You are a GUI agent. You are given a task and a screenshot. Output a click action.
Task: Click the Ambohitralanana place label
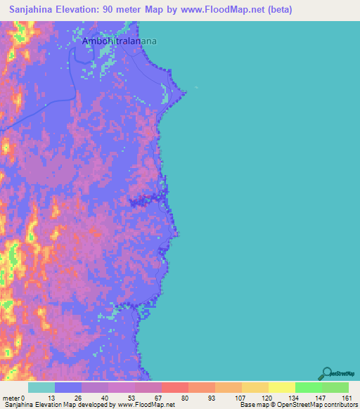click(x=119, y=41)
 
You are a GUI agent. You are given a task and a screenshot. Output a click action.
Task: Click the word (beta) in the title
click(x=276, y=10)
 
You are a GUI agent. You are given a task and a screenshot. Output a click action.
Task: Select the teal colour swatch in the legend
click(x=41, y=387)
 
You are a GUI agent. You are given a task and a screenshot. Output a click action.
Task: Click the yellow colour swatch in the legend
click(x=281, y=387)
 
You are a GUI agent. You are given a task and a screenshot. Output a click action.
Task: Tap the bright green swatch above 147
click(x=308, y=387)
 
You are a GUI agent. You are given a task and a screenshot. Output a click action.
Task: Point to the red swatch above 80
click(x=174, y=387)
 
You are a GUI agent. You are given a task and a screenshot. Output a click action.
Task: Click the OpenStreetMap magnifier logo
click(x=326, y=372)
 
